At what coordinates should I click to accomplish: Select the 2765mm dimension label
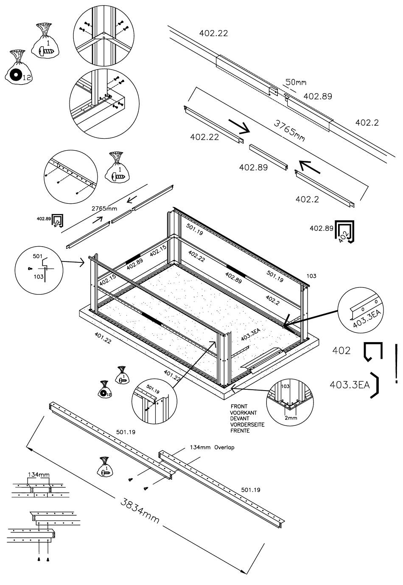(104, 209)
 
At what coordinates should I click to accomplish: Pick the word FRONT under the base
(239, 406)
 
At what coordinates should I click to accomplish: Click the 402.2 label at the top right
(367, 123)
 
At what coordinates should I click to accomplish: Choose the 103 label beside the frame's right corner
(311, 276)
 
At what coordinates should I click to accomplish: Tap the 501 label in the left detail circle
(37, 256)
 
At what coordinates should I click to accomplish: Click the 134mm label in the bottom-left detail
(38, 474)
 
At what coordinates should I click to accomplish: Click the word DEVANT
(240, 418)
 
